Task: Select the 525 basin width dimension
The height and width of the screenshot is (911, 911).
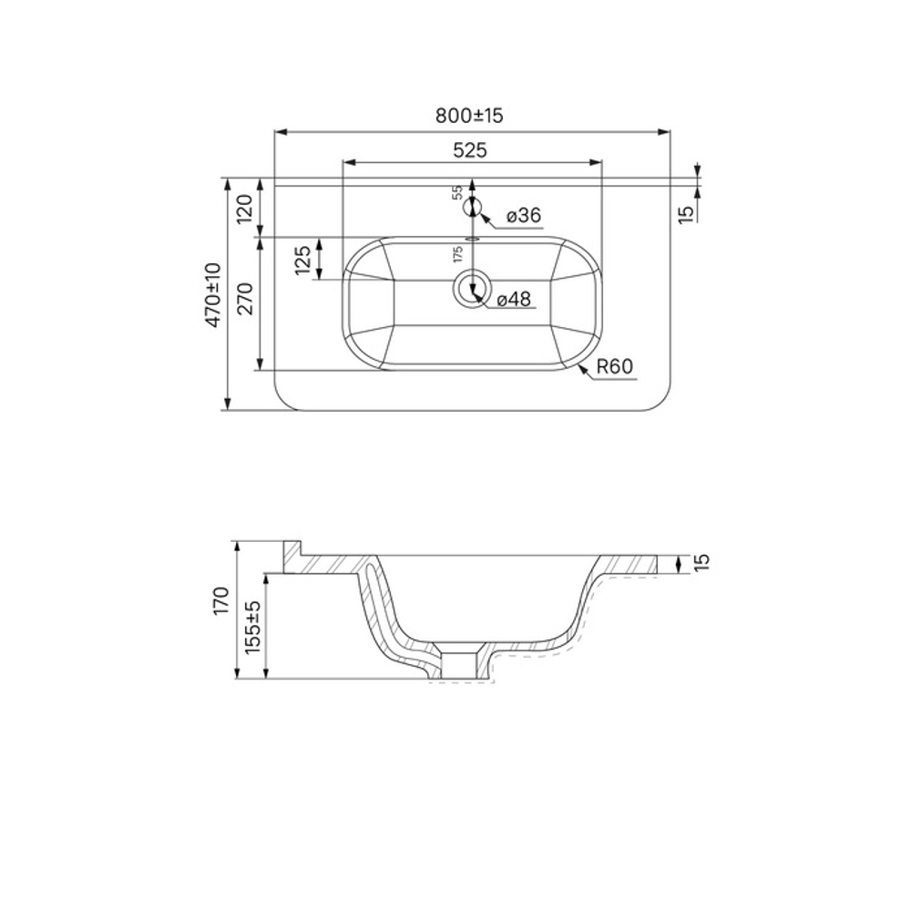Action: point(470,150)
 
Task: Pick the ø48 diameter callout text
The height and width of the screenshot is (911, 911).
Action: point(514,299)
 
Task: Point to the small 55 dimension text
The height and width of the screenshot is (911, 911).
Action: point(458,193)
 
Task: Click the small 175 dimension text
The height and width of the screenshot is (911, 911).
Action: point(458,253)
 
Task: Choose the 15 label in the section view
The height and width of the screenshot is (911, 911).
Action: point(699,564)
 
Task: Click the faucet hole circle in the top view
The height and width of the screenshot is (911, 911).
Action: point(471,208)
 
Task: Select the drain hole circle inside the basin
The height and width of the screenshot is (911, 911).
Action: point(471,287)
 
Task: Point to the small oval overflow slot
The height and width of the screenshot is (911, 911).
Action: point(471,238)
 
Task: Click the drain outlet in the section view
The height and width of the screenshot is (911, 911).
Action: point(458,662)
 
